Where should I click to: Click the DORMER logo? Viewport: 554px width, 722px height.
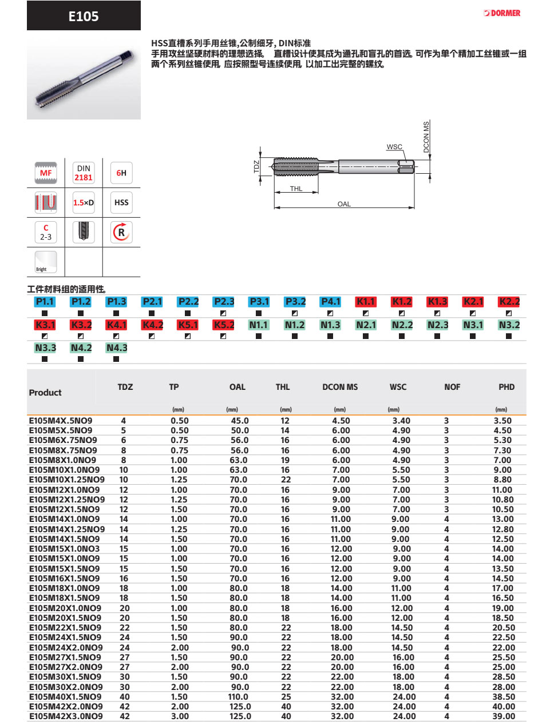click(x=501, y=13)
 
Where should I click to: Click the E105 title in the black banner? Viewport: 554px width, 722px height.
click(x=84, y=16)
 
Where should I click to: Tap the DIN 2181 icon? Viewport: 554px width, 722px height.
click(x=84, y=173)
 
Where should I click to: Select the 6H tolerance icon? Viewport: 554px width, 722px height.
click(x=121, y=173)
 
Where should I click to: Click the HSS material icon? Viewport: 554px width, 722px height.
click(x=121, y=202)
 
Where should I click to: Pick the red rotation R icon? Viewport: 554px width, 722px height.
click(x=121, y=232)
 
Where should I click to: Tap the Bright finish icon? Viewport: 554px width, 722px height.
click(x=46, y=262)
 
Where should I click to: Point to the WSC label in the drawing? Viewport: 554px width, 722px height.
click(x=394, y=146)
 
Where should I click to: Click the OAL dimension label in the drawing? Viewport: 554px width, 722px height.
click(x=344, y=204)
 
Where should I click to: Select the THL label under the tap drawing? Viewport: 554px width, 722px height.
click(x=296, y=189)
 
